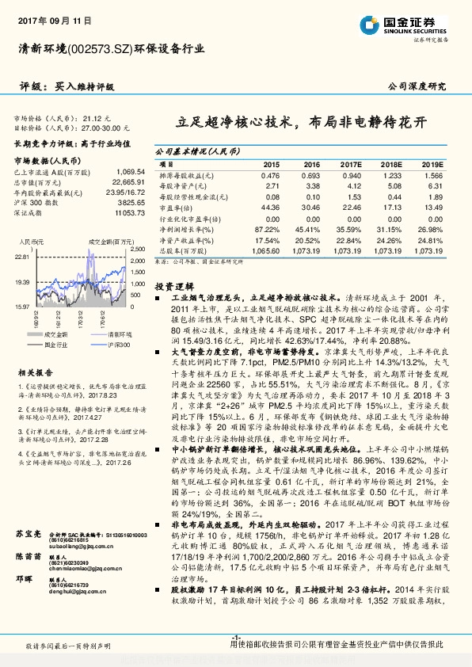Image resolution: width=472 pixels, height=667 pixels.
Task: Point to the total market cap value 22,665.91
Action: click(129, 182)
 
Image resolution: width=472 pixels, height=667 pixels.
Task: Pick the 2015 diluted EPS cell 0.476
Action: click(270, 175)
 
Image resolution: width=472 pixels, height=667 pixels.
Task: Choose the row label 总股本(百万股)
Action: click(181, 249)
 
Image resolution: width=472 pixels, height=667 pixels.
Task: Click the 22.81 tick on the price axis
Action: click(21, 257)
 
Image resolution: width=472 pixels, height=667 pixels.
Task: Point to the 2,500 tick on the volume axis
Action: click(137, 249)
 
